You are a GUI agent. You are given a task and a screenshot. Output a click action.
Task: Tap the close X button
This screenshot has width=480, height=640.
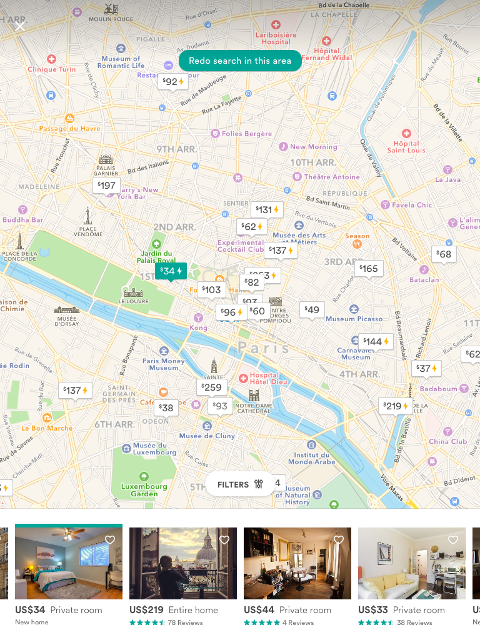(x=20, y=26)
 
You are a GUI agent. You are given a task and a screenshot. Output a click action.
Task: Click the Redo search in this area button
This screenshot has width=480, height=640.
(x=240, y=61)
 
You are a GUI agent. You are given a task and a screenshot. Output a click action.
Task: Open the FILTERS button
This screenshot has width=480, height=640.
(x=240, y=484)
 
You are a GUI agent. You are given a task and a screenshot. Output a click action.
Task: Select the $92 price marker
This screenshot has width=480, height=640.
(x=172, y=81)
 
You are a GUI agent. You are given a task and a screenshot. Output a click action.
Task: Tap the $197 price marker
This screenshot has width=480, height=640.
(x=106, y=185)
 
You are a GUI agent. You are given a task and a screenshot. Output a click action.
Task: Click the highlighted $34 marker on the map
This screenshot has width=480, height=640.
(x=171, y=271)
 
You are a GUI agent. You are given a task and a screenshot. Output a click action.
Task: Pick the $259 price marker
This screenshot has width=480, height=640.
(x=211, y=387)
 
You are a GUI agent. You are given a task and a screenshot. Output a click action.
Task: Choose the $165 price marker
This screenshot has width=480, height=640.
(x=368, y=269)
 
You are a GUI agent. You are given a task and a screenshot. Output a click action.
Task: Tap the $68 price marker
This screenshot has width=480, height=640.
(x=443, y=254)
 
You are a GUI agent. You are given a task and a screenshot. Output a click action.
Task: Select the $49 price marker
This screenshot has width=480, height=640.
(x=311, y=309)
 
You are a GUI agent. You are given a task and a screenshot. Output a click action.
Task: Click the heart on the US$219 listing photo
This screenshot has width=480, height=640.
(x=224, y=540)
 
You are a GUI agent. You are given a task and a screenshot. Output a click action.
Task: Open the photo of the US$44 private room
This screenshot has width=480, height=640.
(x=297, y=563)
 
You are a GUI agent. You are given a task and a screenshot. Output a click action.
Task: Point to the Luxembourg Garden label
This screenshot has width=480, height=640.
(x=144, y=489)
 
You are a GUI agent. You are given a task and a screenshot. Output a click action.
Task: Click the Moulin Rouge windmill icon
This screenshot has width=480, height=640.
(x=111, y=9)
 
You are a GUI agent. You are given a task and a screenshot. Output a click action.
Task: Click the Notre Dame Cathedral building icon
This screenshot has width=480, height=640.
(x=254, y=395)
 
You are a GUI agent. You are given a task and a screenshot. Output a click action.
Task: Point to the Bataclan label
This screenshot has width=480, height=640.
(x=424, y=279)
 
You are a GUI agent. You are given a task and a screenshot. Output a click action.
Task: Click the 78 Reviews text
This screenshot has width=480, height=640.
(x=186, y=622)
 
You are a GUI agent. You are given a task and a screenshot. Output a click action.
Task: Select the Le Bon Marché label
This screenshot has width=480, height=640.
(x=47, y=428)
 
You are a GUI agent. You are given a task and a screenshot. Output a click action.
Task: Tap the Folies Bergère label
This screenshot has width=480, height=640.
(x=247, y=133)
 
